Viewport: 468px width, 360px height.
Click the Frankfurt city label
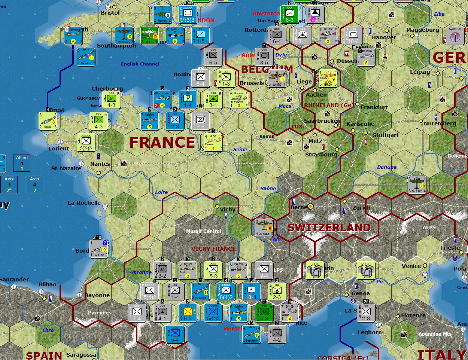374,107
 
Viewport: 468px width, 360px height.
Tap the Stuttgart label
385,135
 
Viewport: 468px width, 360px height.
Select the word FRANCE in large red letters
162,143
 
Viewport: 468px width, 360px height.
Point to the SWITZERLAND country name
329,228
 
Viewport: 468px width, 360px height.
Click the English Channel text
140,64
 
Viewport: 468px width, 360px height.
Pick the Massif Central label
204,231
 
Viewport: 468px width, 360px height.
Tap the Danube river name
387,167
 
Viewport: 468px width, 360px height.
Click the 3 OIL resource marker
315,270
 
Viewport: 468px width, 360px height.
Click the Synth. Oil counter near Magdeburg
455,36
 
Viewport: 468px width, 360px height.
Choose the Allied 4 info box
22,163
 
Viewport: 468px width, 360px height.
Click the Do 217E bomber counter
417,185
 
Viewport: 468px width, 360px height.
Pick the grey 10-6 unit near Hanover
353,36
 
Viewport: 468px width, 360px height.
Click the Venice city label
411,266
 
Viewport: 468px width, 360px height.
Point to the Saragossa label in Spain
81,355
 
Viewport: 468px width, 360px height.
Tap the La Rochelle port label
84,203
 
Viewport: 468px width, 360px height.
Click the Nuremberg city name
440,123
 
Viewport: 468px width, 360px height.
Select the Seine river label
240,149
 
